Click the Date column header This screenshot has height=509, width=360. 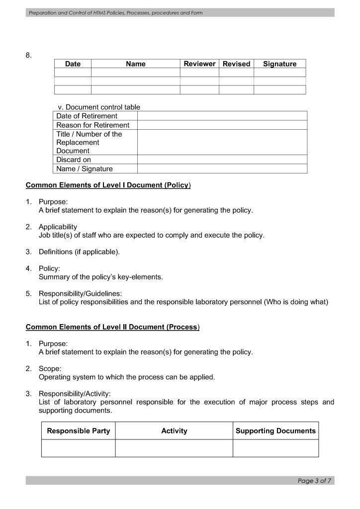tap(73, 64)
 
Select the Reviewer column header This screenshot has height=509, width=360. tap(199, 64)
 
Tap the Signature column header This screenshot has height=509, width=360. tap(279, 64)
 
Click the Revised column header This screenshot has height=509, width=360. tap(236, 64)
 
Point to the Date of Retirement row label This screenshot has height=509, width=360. tap(87, 116)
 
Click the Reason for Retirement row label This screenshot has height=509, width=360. tap(92, 125)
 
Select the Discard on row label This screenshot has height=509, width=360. tap(74, 160)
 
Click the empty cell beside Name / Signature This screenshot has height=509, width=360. tap(222, 169)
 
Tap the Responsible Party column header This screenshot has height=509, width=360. tap(79, 431)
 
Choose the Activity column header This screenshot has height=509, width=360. tap(174, 431)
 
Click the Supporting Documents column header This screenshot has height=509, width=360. tap(275, 431)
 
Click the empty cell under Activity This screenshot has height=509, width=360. tap(174, 448)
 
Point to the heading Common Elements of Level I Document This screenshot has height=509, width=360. tap(108, 185)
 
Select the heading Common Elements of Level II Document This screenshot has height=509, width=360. tap(112, 327)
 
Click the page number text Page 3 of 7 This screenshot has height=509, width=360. tap(314, 481)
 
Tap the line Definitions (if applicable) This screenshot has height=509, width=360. tap(79, 252)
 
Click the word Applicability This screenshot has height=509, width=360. tap(58, 227)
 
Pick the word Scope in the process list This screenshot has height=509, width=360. tap(50, 369)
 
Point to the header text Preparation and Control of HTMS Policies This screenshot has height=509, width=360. tap(115, 12)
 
